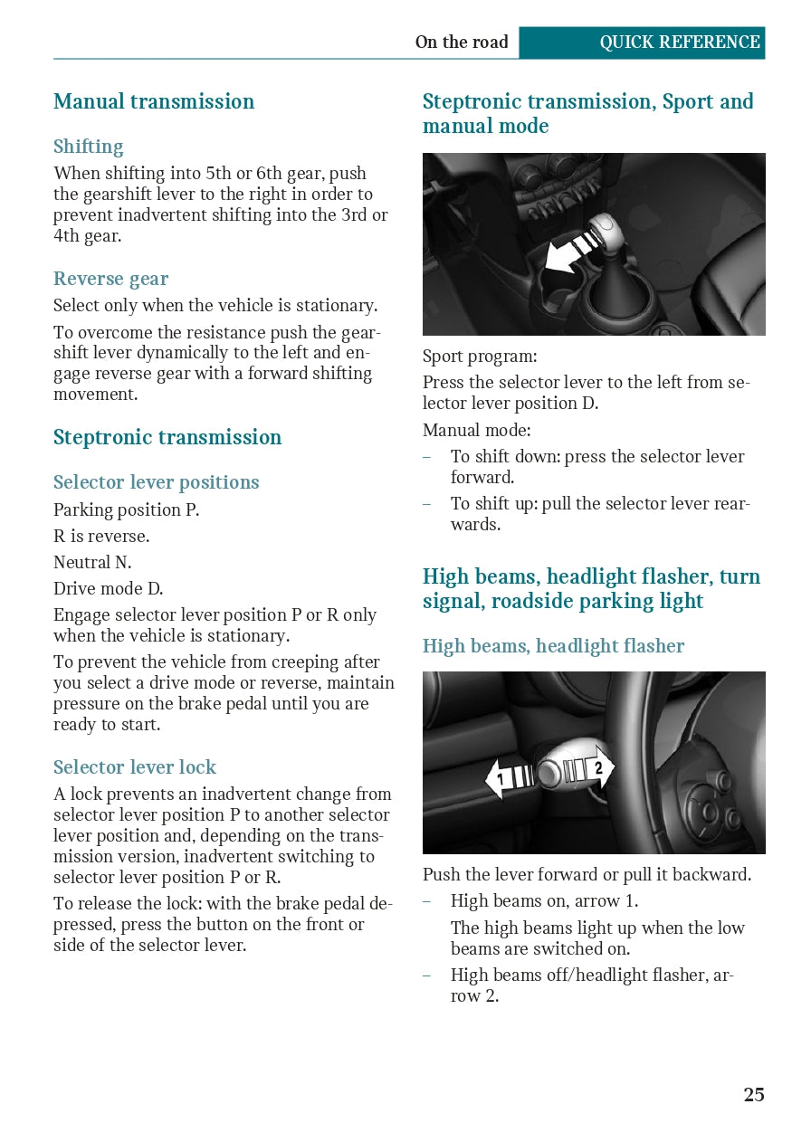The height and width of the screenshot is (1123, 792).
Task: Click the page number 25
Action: pos(754,1095)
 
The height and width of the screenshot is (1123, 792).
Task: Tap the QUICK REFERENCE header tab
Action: pos(679,43)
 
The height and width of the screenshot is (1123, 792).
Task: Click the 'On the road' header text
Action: pos(462,43)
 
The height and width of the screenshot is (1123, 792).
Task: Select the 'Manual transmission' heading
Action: pos(154,101)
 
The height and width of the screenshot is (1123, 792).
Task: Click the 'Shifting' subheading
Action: pos(88,147)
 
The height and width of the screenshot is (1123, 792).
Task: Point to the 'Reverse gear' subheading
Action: pos(110,279)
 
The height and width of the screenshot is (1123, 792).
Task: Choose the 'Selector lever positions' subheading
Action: pos(156,482)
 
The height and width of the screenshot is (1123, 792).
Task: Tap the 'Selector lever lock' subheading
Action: pos(134,767)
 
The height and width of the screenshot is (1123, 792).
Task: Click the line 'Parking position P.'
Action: pos(126,509)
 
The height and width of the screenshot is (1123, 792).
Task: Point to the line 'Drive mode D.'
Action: pos(109,588)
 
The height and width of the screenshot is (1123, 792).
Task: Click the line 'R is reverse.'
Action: pos(101,536)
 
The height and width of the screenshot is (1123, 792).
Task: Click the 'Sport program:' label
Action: pos(480,356)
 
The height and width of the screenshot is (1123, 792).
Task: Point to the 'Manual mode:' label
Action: pos(477,430)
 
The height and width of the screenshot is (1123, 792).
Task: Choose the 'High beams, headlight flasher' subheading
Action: pos(553,646)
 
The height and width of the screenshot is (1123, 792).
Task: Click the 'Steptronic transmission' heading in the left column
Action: pos(167,437)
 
